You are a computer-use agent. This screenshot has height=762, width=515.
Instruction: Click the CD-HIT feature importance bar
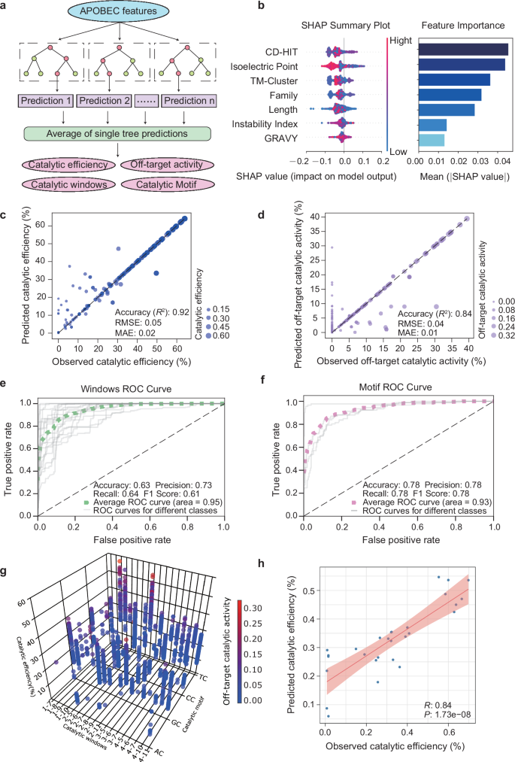pos(463,50)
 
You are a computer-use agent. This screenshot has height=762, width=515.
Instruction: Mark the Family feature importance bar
pos(450,96)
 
